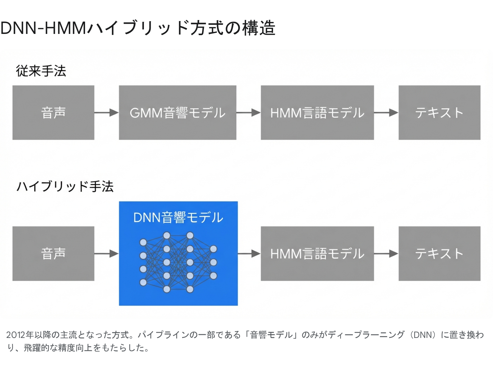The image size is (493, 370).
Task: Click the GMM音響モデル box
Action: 177,113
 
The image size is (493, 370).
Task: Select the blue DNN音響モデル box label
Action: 178,217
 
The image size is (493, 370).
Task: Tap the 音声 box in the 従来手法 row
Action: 53,113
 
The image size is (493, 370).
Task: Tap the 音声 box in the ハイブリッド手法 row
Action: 53,253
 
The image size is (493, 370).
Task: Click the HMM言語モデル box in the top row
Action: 317,113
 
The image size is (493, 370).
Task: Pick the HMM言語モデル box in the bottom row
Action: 317,253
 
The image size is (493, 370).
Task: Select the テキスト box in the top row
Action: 439,113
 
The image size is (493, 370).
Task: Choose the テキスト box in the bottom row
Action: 439,253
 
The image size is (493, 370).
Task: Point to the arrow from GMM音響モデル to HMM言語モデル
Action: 248,113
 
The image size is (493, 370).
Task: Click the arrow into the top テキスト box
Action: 386,113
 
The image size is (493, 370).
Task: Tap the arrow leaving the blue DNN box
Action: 249,254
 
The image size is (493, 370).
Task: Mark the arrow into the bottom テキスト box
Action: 386,254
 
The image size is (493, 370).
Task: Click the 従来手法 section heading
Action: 41,71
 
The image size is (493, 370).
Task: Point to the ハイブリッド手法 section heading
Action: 65,187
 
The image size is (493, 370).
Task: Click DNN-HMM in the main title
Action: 43,28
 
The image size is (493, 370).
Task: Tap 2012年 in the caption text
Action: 20,335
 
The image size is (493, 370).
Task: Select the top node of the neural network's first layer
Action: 143,242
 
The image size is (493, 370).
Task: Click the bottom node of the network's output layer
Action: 213,276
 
